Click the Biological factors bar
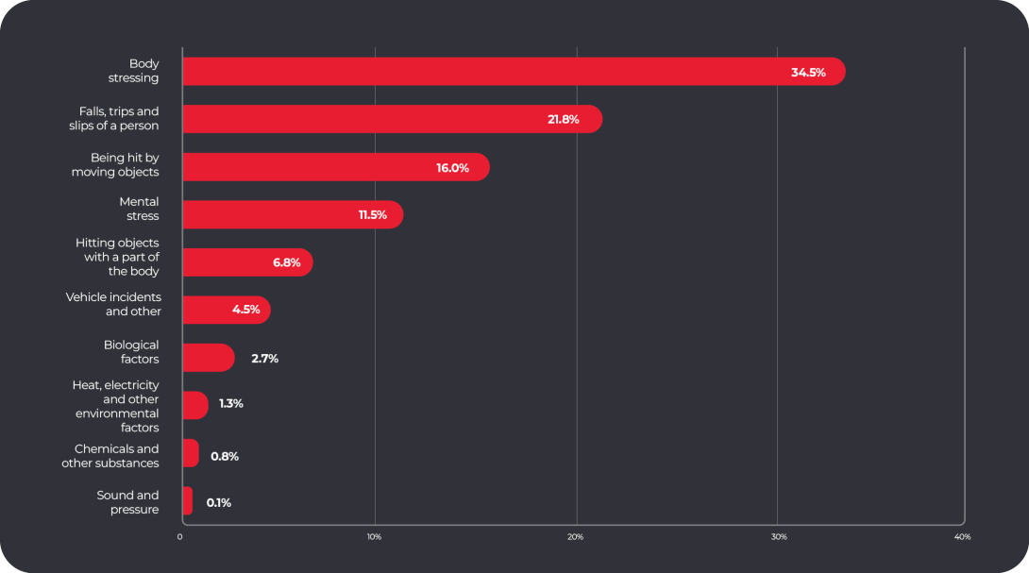click(x=208, y=358)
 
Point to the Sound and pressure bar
click(x=187, y=501)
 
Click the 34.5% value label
click(x=808, y=73)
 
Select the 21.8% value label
click(x=563, y=120)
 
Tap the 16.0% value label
click(x=452, y=168)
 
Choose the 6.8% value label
click(x=287, y=262)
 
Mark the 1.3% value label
click(x=231, y=404)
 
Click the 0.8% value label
click(x=225, y=456)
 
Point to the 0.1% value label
click(x=219, y=503)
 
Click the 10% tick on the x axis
click(x=374, y=537)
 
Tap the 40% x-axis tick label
click(x=962, y=537)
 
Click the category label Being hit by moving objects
click(x=115, y=165)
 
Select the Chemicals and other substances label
click(x=110, y=456)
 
